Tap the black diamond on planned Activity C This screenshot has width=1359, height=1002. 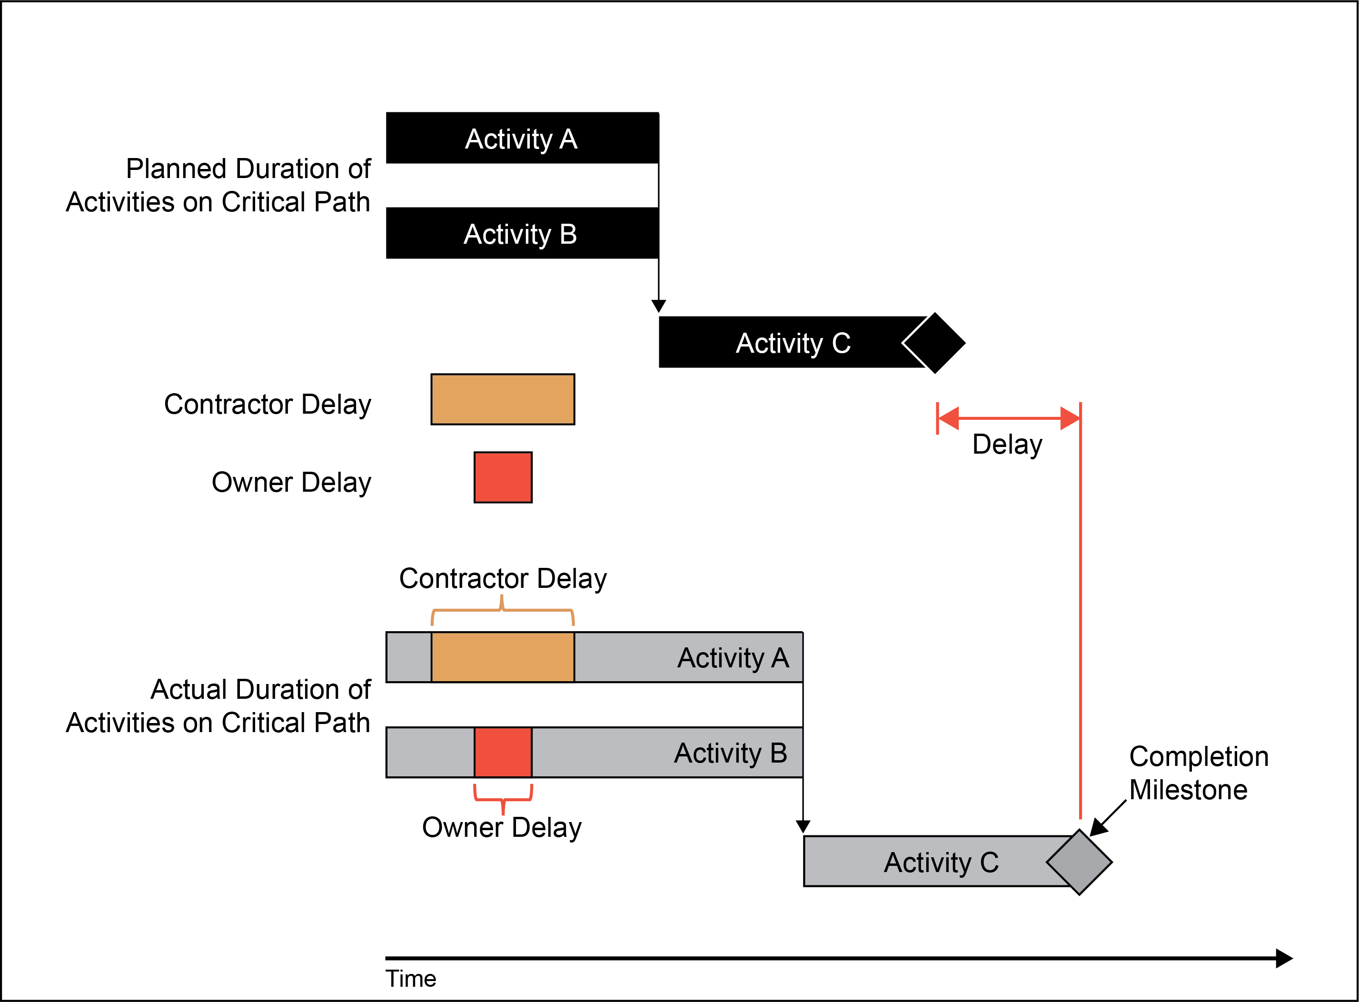coord(934,343)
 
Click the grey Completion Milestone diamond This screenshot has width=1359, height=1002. coord(1080,862)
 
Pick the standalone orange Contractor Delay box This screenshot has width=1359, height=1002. coord(503,399)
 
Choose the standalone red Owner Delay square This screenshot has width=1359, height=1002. coord(503,477)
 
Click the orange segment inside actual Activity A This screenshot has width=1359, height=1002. coord(503,657)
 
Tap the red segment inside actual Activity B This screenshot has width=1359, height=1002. coord(503,752)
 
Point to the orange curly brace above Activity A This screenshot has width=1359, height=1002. coord(502,610)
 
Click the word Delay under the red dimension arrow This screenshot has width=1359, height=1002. coord(1007,445)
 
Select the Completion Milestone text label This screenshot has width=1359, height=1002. coord(1198,773)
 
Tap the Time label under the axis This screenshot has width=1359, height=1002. coord(410,978)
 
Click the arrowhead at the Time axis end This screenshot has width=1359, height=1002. coord(1284,958)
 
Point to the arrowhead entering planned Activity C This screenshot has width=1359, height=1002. coord(659,306)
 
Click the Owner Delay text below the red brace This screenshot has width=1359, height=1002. coord(502,827)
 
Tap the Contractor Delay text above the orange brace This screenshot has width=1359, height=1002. coord(503,578)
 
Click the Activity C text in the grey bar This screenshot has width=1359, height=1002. coord(941,862)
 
